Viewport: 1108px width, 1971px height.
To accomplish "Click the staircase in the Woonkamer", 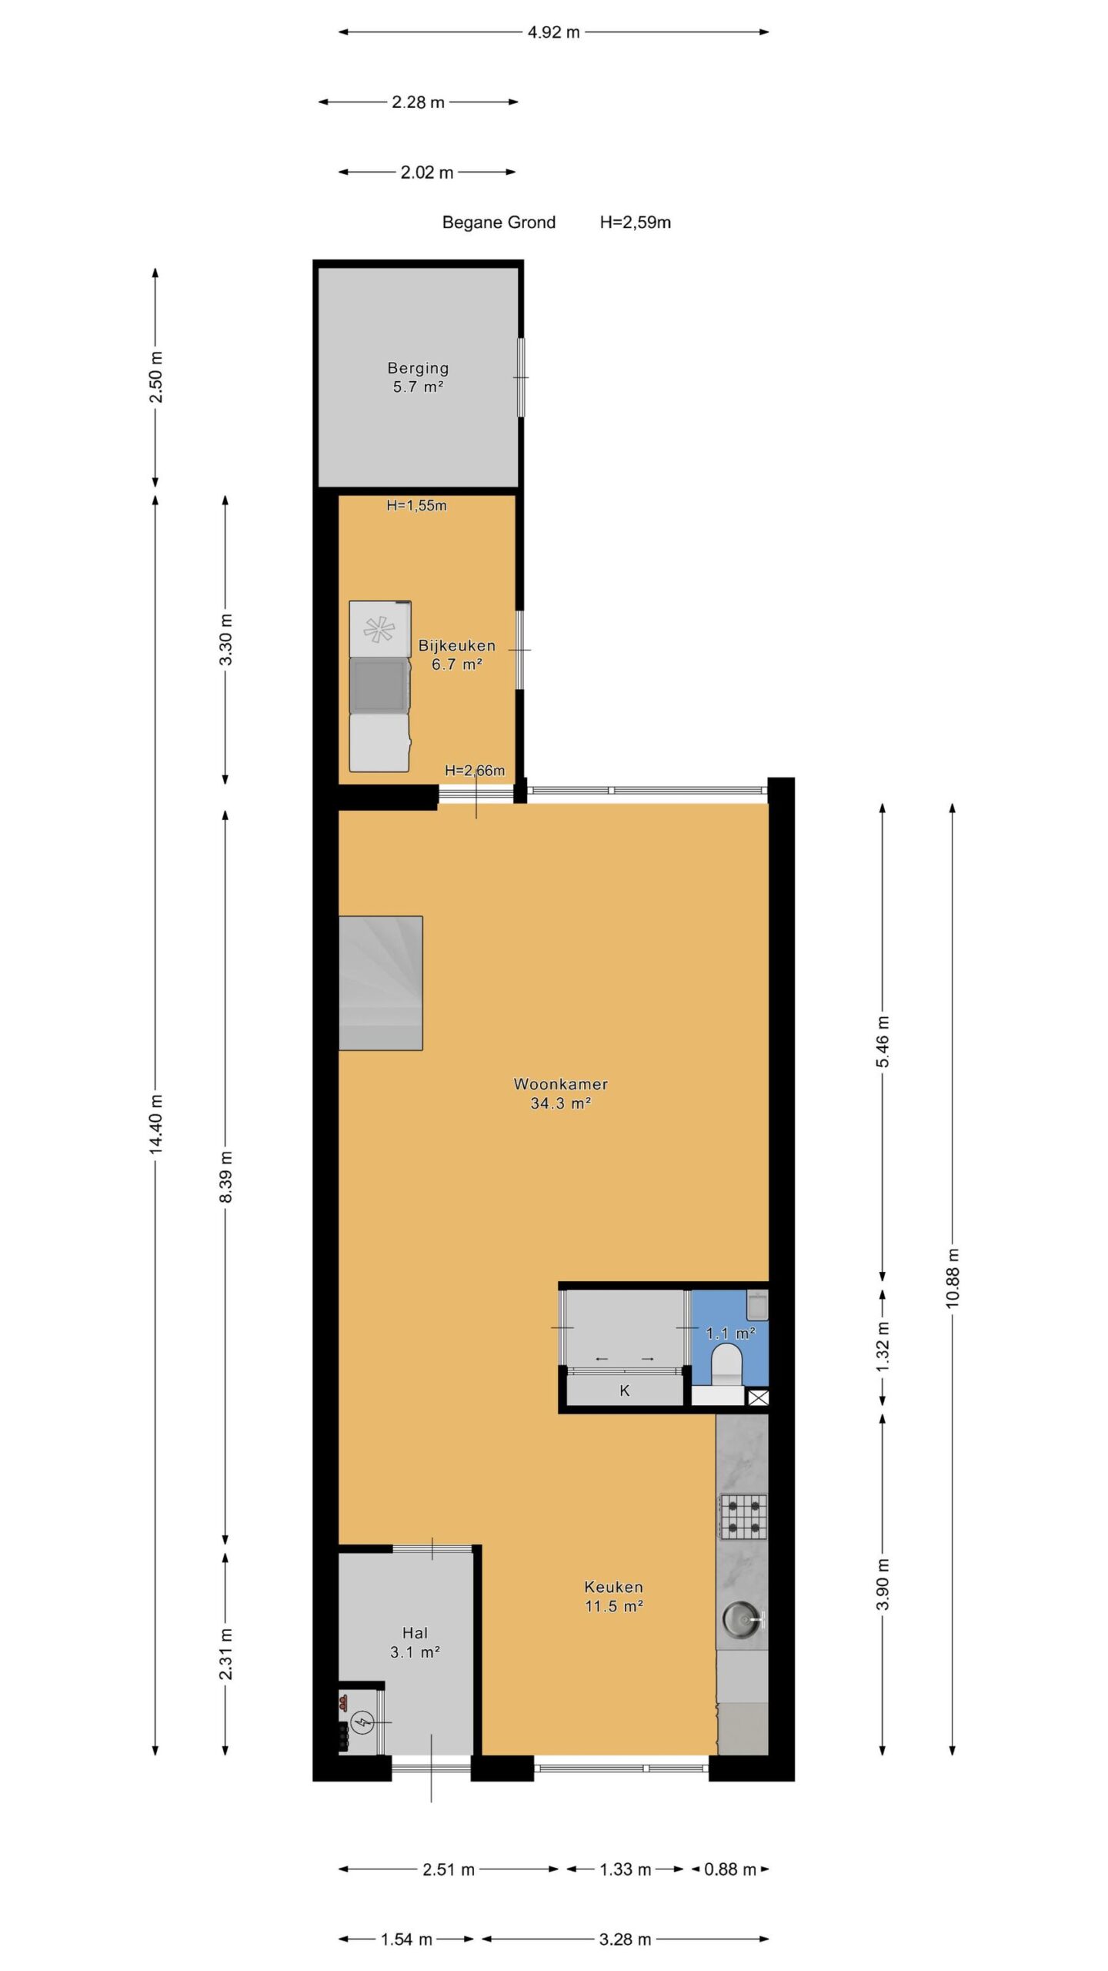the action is (x=381, y=982).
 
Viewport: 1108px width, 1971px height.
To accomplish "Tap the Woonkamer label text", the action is (x=561, y=1084).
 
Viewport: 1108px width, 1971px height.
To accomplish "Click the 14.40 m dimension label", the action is (x=156, y=1123).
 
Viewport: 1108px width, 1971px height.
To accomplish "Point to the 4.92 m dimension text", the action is (x=554, y=32).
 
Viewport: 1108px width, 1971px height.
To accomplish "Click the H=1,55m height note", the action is (x=416, y=506).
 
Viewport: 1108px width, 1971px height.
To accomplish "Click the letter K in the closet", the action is (x=625, y=1390).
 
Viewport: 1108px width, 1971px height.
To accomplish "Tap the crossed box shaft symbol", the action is (x=758, y=1398).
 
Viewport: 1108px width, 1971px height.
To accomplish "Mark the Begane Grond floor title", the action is (x=499, y=223).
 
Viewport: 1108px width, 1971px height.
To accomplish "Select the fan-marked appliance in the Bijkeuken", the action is (x=380, y=628).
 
